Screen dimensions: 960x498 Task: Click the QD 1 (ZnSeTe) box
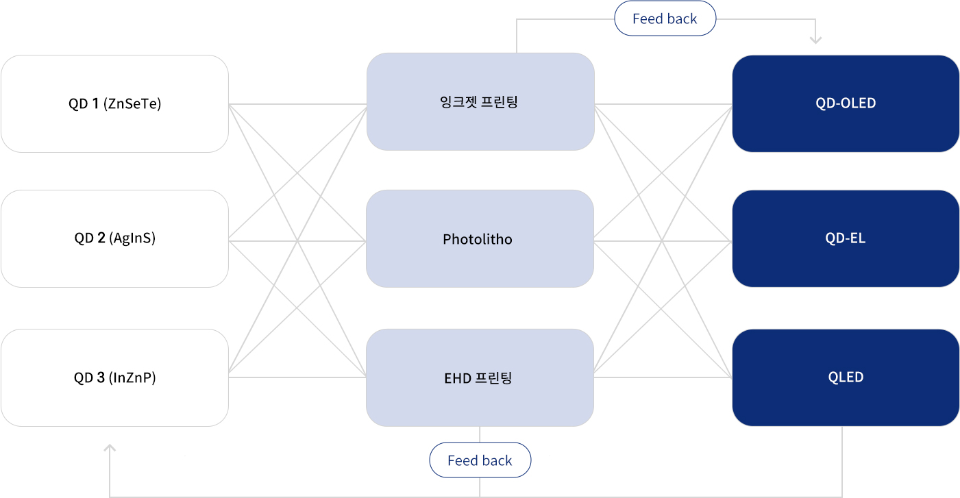coord(114,103)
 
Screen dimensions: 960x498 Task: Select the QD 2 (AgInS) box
coord(114,238)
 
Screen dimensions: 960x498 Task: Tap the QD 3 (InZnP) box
coord(114,377)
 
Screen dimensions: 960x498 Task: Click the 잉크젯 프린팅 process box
coord(480,101)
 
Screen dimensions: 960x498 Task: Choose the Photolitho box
coord(480,238)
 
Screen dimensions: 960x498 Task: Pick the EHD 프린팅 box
coord(480,377)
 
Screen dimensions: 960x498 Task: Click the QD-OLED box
coord(846,103)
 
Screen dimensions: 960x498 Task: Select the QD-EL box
coord(846,238)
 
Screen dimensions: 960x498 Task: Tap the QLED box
coord(846,377)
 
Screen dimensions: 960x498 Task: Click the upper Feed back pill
coord(665,18)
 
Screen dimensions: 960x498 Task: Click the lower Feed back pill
coord(480,460)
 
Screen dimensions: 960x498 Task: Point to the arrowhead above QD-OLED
coord(815,40)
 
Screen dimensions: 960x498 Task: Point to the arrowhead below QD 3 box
coord(110,447)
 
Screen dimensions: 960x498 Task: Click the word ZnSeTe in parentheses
coord(132,103)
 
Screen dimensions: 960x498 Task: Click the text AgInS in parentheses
coord(132,238)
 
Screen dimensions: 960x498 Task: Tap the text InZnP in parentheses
coord(132,377)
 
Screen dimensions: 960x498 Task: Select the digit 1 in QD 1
coord(95,103)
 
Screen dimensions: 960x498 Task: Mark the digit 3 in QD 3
coord(101,377)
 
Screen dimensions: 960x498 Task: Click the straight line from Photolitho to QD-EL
coord(663,241)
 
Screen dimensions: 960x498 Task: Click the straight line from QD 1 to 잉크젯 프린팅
coord(298,104)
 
